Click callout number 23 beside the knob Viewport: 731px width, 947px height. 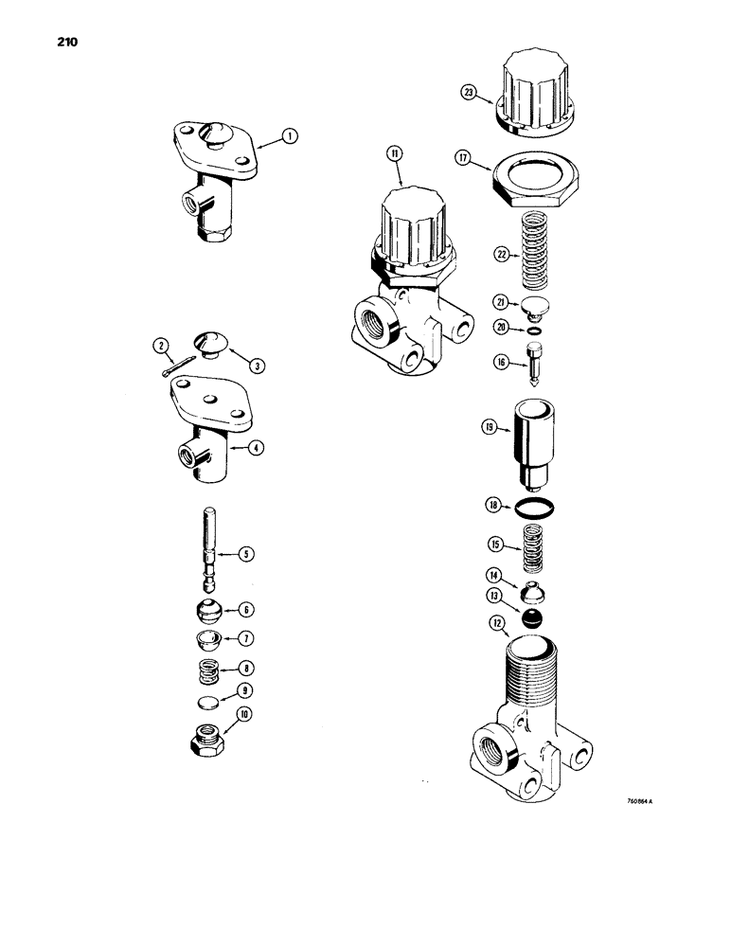coord(469,93)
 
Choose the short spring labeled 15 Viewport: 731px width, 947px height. coord(535,545)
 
